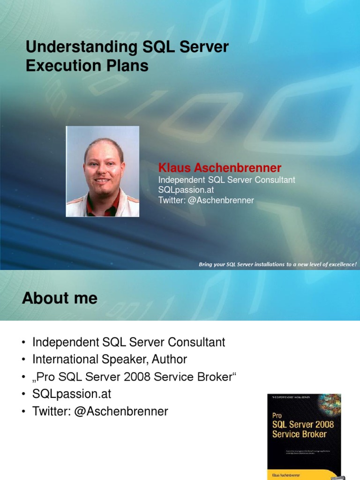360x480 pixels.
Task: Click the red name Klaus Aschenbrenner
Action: coord(220,168)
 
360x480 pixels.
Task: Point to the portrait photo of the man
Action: coord(102,171)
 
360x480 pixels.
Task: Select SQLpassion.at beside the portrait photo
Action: coord(186,190)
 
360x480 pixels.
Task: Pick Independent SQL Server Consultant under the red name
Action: coord(226,180)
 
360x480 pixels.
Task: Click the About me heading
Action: coord(60,298)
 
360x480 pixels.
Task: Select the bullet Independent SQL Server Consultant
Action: coord(128,342)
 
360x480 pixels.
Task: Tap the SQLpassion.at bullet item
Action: coord(72,394)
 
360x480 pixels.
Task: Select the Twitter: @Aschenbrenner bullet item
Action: coord(100,412)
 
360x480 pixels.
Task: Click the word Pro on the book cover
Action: coord(277,416)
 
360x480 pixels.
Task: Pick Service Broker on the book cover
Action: coord(299,434)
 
